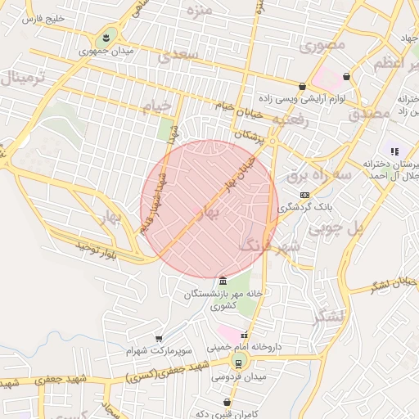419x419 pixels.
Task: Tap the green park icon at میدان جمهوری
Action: [x=106, y=38]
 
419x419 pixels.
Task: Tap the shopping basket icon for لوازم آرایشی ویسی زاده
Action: [x=302, y=86]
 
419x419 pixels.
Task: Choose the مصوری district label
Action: [x=322, y=46]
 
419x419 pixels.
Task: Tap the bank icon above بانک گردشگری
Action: [x=304, y=195]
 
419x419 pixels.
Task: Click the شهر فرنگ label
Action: [x=270, y=245]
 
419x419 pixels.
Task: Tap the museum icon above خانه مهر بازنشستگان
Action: [x=223, y=281]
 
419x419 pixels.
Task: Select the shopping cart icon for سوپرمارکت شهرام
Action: [x=159, y=338]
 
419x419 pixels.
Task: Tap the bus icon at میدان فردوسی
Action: [x=239, y=363]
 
